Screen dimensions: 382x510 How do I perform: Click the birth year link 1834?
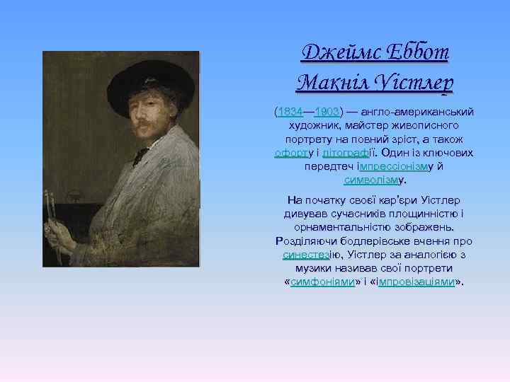pos(290,112)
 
